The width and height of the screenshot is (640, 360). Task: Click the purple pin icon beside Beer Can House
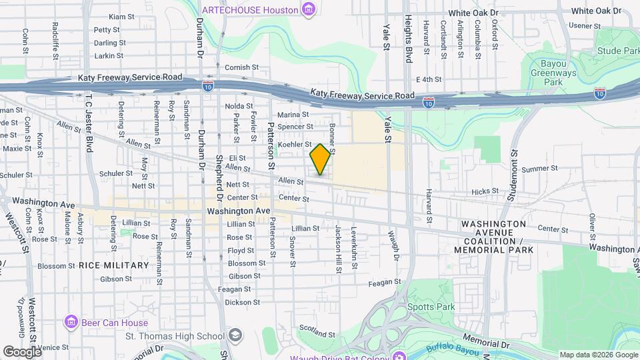click(x=71, y=323)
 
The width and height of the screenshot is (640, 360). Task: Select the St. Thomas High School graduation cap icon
click(x=234, y=335)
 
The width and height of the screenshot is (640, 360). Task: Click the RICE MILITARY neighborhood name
click(x=113, y=265)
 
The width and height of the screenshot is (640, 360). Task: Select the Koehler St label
click(x=295, y=144)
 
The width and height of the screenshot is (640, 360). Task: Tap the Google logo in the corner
click(x=21, y=351)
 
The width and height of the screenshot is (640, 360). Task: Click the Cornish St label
click(x=241, y=67)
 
